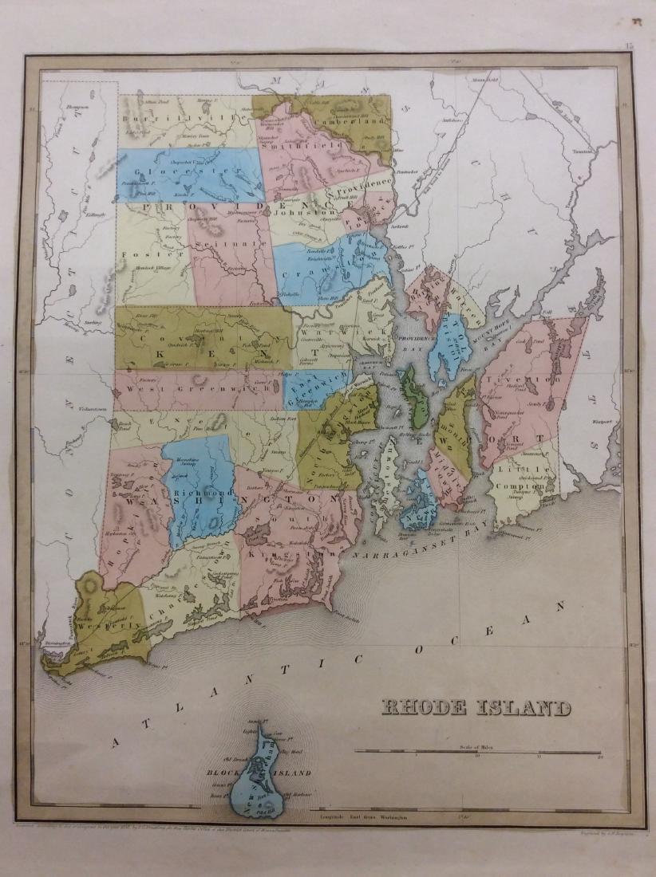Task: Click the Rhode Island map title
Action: click(476, 707)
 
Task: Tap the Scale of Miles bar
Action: click(477, 752)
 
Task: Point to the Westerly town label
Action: click(101, 618)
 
